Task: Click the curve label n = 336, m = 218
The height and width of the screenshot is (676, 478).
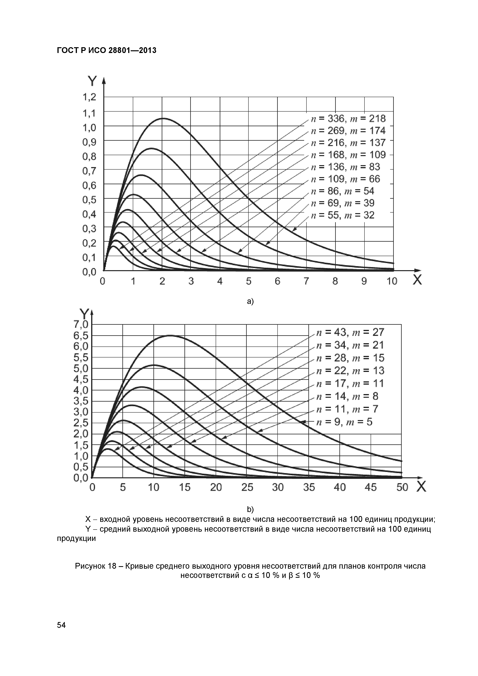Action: pyautogui.click(x=348, y=119)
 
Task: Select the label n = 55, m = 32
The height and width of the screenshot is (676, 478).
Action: pyautogui.click(x=343, y=215)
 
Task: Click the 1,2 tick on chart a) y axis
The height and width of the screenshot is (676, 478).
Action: pyautogui.click(x=89, y=97)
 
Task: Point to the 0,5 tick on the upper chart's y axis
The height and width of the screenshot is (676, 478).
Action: pyautogui.click(x=89, y=200)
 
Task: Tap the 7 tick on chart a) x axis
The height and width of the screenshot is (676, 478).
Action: pyautogui.click(x=306, y=282)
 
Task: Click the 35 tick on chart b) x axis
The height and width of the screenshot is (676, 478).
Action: pyautogui.click(x=309, y=488)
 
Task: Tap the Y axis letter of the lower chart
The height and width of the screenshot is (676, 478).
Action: pyautogui.click(x=85, y=314)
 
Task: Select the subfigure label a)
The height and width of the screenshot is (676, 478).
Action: pyautogui.click(x=250, y=302)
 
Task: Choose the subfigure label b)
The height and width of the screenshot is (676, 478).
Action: pyautogui.click(x=250, y=509)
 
